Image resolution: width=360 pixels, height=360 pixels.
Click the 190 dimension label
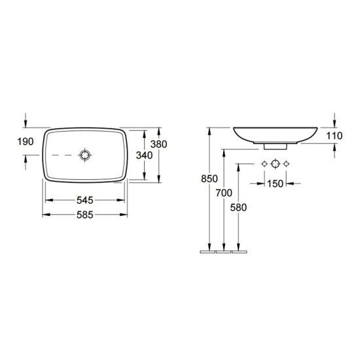[x=26, y=141]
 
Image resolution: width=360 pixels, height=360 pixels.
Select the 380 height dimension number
[x=158, y=144]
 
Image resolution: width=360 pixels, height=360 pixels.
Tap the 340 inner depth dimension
[x=144, y=155]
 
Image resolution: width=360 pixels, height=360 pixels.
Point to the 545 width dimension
[x=84, y=200]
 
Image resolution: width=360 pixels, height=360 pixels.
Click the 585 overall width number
[x=84, y=215]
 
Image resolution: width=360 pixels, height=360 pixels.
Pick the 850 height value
[x=209, y=179]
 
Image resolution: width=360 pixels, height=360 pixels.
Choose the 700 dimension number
[x=224, y=193]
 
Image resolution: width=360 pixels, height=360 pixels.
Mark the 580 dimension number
[x=238, y=207]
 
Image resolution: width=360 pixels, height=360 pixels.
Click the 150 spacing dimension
[x=275, y=184]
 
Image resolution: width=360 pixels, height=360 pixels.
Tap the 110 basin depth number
[x=334, y=136]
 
